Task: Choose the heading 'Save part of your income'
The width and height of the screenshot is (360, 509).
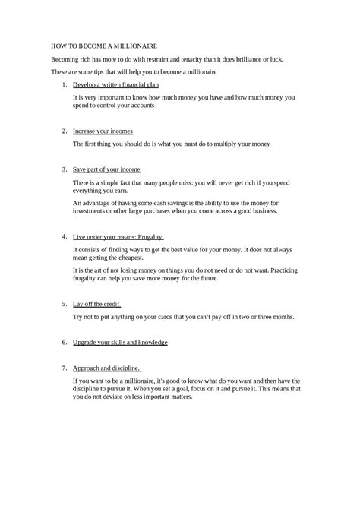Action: (x=106, y=169)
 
